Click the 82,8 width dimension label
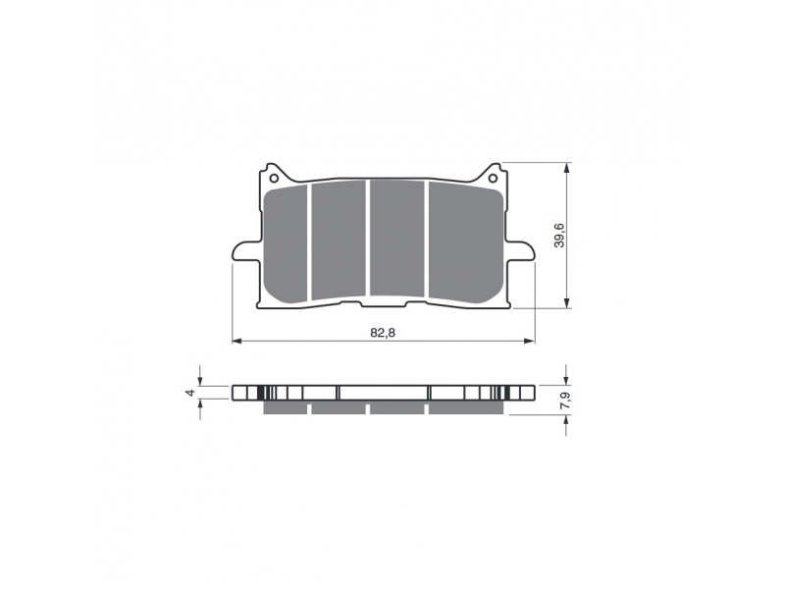383,333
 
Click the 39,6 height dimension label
559,235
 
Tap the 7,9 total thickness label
565,401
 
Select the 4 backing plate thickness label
189,393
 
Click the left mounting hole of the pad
274,179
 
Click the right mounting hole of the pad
493,179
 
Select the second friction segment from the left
339,240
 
